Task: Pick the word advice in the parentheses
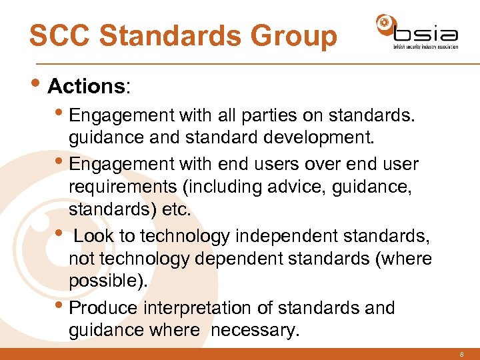[x=300, y=187]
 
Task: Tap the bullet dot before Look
[x=63, y=233]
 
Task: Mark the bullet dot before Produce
[x=63, y=306]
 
